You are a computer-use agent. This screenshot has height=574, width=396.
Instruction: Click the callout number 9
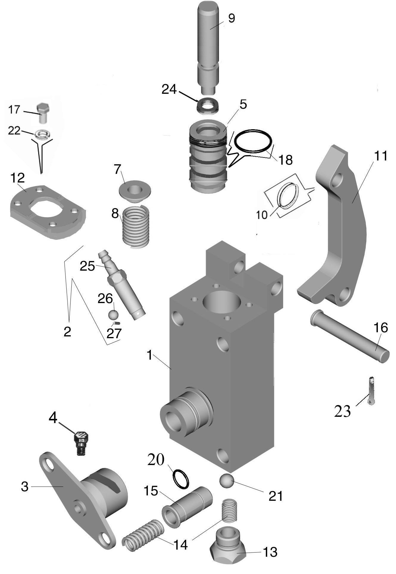coord(231,18)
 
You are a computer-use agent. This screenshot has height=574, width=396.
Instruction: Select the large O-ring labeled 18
coord(253,141)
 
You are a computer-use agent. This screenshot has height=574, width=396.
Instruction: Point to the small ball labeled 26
coord(113,315)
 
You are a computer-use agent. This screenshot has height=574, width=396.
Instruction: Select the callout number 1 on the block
coord(150,355)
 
